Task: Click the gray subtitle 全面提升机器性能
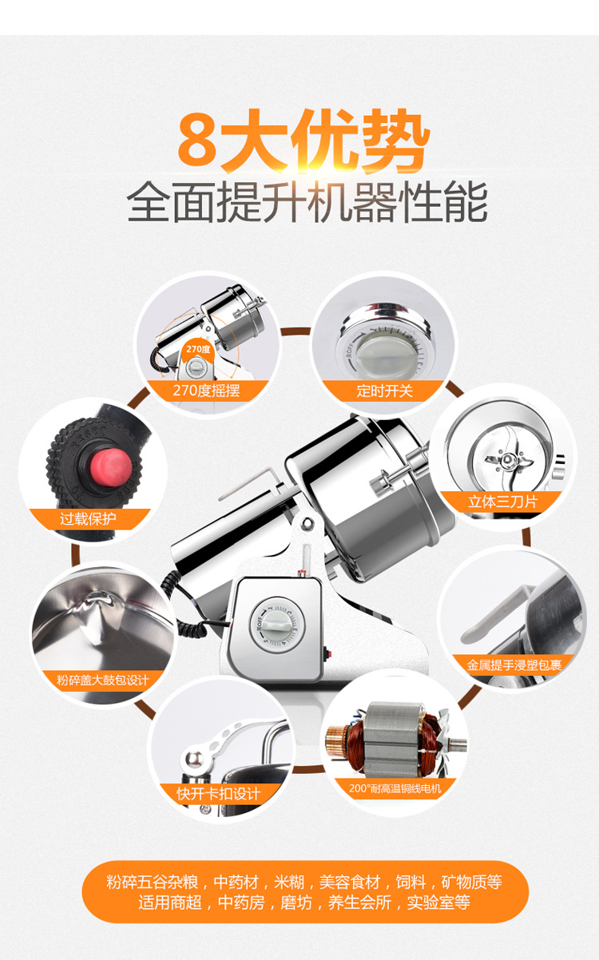pos(307,202)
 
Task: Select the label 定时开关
pos(383,391)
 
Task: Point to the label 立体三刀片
pos(502,502)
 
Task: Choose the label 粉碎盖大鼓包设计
pos(103,680)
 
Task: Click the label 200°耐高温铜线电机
pos(395,788)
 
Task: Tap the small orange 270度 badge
pos(196,349)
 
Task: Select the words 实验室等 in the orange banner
pos(438,902)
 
